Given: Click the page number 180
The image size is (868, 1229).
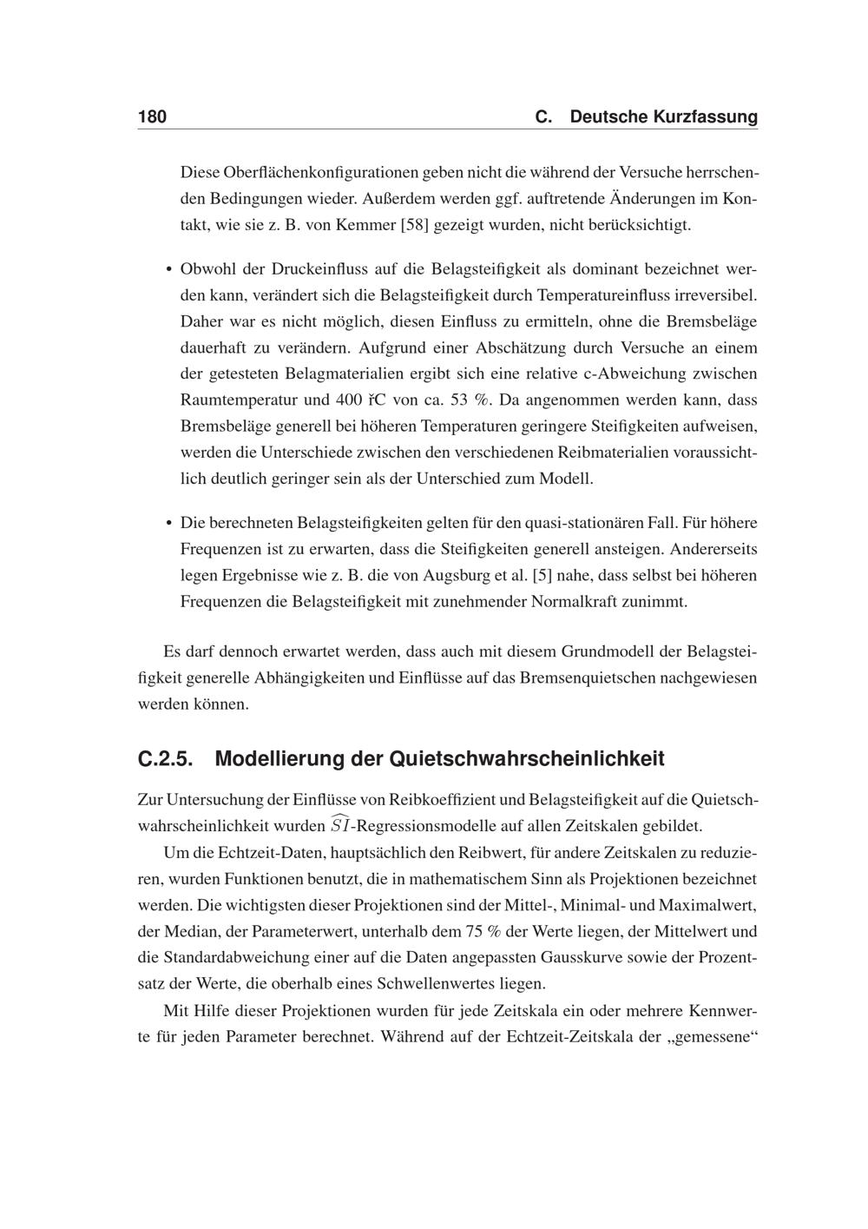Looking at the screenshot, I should (x=152, y=117).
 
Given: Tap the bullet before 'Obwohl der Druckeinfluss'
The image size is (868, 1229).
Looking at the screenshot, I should (x=168, y=270).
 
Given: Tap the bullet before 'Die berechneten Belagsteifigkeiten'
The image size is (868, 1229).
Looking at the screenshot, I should (x=168, y=524).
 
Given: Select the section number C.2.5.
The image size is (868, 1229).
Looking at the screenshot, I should (x=165, y=759).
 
